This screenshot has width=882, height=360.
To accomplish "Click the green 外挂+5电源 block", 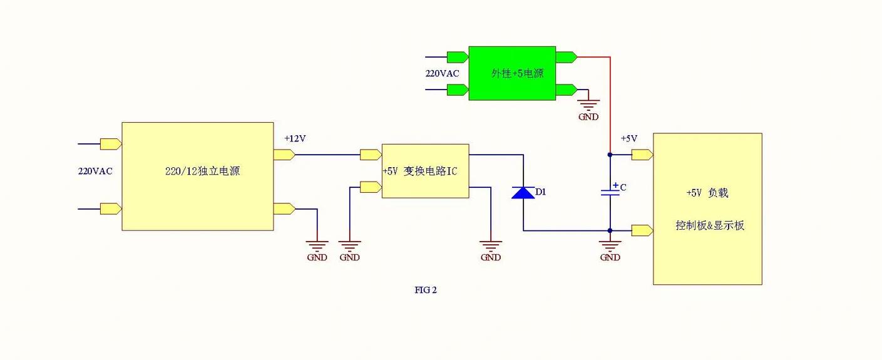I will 512,73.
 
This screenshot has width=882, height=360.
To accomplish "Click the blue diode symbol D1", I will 523,192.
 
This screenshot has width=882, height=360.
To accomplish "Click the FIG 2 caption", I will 425,290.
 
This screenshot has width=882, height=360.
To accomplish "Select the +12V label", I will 295,138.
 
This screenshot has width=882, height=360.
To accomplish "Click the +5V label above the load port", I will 628,138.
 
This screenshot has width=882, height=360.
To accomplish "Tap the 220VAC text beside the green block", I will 442,73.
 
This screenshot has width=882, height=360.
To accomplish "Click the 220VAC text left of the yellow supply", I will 95,171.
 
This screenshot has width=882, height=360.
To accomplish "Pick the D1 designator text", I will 541,192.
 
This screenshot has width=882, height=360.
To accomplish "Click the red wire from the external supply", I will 610,100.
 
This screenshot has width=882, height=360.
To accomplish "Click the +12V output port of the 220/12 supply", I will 284,155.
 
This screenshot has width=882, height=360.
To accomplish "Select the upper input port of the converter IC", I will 371,155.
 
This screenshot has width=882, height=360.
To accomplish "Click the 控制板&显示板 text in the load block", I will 710,225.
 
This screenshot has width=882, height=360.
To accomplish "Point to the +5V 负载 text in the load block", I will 707,193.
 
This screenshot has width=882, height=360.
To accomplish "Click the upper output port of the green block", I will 566,57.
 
